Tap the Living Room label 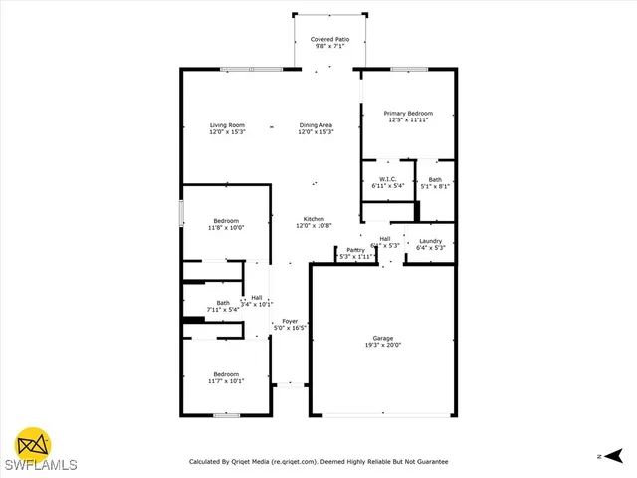click(x=227, y=126)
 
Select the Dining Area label click(x=316, y=126)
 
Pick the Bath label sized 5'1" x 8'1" click(x=435, y=179)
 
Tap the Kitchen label click(x=315, y=219)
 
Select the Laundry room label click(x=430, y=241)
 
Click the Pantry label click(x=355, y=249)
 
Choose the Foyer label click(x=290, y=321)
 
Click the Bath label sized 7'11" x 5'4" click(x=223, y=303)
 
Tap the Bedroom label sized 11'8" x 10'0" click(x=226, y=220)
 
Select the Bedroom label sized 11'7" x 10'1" click(x=226, y=374)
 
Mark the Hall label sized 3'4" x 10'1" click(x=257, y=297)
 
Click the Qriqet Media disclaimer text click(x=318, y=461)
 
